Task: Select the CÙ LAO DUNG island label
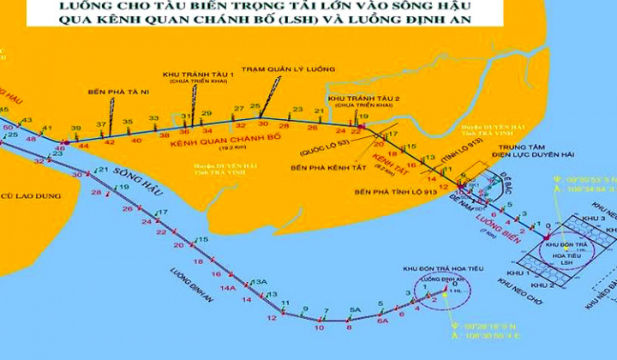pos(31,196)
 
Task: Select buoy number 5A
pos(356,309)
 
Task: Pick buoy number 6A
pos(383,319)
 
